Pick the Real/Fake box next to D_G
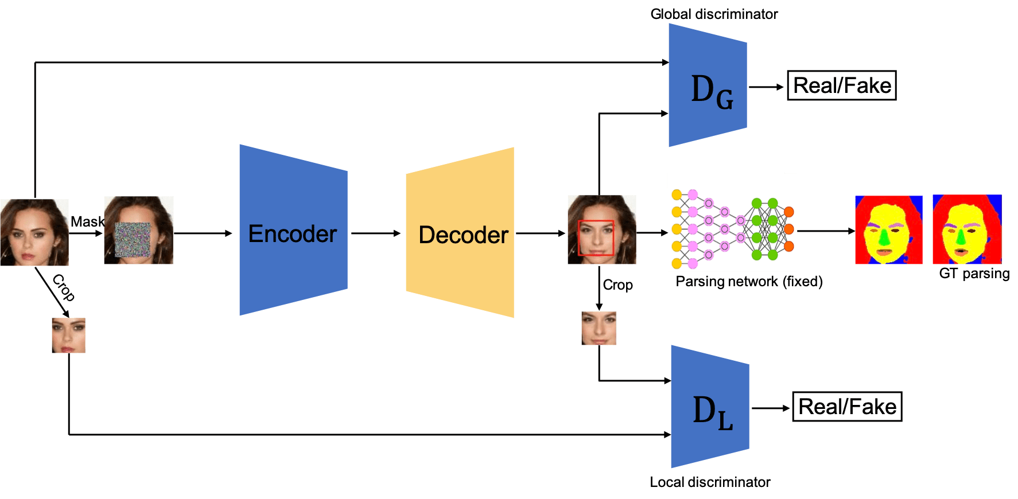[x=841, y=86]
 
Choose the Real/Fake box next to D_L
[x=847, y=407]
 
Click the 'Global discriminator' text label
[x=714, y=14]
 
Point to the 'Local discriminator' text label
[x=710, y=482]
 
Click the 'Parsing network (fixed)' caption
[x=749, y=282]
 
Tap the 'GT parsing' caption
[x=974, y=274]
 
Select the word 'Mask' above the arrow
[x=87, y=221]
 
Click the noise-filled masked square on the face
[x=133, y=239]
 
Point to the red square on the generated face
[x=596, y=237]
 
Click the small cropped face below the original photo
[x=68, y=336]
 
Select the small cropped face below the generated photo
[x=599, y=328]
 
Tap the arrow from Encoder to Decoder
[x=376, y=233]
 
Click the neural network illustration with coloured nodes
[x=732, y=223]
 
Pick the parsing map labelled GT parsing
[x=967, y=229]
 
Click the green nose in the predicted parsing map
[x=885, y=236]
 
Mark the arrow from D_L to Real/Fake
[x=771, y=408]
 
